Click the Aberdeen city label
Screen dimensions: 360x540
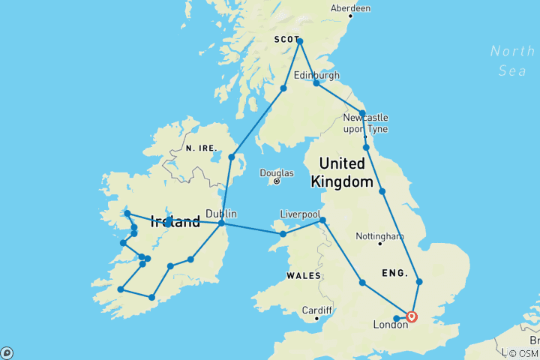(x=350, y=8)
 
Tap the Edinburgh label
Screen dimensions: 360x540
(x=316, y=75)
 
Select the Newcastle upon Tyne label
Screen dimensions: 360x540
(x=365, y=124)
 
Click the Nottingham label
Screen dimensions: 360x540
(x=379, y=234)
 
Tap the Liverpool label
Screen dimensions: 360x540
(x=300, y=212)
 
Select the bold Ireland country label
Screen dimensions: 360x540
(x=175, y=221)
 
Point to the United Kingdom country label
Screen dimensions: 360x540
(x=346, y=172)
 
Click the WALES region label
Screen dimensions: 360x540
(x=303, y=276)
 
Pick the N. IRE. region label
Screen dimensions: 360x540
(x=201, y=149)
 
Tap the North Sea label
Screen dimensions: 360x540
(x=512, y=61)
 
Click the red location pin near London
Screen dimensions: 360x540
(x=412, y=316)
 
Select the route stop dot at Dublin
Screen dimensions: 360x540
(x=222, y=223)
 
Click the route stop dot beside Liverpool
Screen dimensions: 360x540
(x=322, y=220)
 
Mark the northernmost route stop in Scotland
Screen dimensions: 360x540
(x=299, y=41)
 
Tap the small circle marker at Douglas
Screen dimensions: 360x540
(x=277, y=181)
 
